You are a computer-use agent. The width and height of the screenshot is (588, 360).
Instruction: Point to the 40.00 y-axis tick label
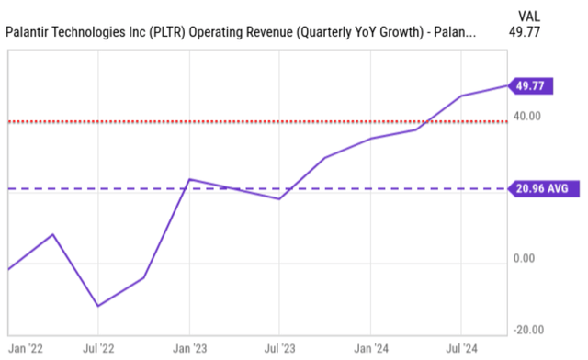527,117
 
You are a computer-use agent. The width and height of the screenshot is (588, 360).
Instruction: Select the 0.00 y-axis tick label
525,258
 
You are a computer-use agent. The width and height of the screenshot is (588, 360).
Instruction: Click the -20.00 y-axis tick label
527,330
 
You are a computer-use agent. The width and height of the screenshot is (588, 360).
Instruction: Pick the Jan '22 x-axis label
23,349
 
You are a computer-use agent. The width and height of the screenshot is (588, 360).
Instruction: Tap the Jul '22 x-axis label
99,349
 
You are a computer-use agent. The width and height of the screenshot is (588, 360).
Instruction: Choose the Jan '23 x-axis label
189,349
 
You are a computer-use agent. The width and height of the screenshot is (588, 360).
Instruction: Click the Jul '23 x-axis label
280,349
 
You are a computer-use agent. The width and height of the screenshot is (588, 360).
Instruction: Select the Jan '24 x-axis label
370,349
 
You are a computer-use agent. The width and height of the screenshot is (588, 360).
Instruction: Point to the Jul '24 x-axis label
461,349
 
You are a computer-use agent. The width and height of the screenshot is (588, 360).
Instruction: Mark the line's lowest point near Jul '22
98,306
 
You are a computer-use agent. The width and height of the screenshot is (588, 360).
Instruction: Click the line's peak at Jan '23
189,179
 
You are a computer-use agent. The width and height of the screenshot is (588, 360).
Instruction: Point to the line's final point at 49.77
507,86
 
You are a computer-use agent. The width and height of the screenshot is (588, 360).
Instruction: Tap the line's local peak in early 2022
53,234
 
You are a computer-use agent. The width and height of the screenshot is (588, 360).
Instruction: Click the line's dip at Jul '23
279,198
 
